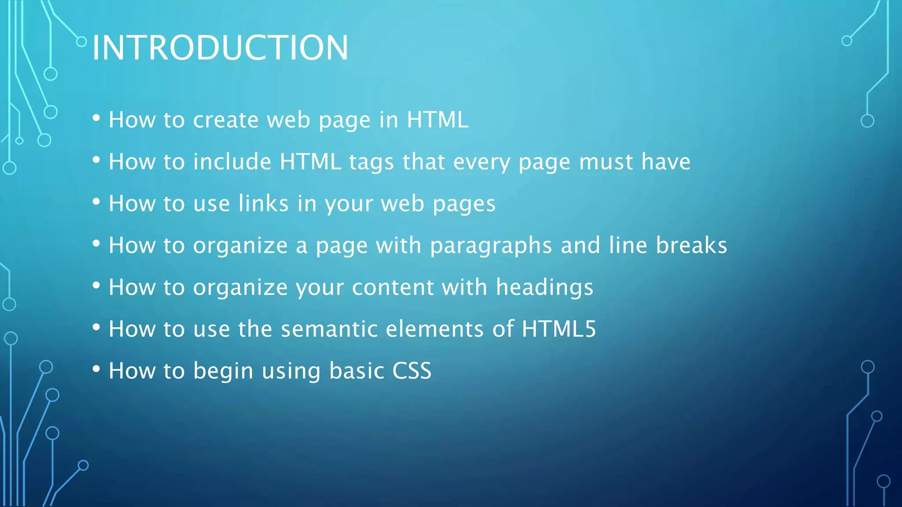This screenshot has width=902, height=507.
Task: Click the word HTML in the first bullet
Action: coord(437,120)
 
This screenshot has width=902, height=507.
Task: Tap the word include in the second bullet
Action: coord(232,162)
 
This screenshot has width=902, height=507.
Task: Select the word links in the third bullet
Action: coord(263,203)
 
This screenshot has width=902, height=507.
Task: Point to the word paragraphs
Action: coord(491,246)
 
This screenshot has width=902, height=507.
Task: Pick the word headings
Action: coord(544,287)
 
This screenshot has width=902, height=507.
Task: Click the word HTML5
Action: coord(558,329)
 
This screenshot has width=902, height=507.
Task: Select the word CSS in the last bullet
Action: coord(412,371)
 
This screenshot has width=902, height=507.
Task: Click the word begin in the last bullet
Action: coord(223,371)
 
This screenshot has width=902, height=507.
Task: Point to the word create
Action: coord(226,120)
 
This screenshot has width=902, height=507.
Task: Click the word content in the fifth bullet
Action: coord(393,287)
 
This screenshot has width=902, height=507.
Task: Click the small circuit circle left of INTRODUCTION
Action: coord(81,42)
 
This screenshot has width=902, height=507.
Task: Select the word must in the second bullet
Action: coord(606,162)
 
